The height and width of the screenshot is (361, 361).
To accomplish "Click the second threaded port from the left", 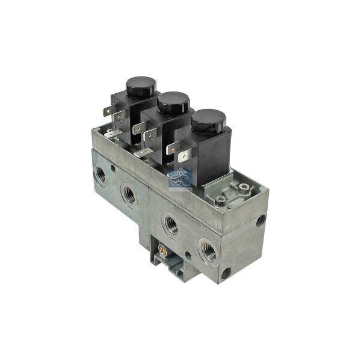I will (129, 194).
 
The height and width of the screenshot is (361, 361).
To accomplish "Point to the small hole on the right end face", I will (260, 221).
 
